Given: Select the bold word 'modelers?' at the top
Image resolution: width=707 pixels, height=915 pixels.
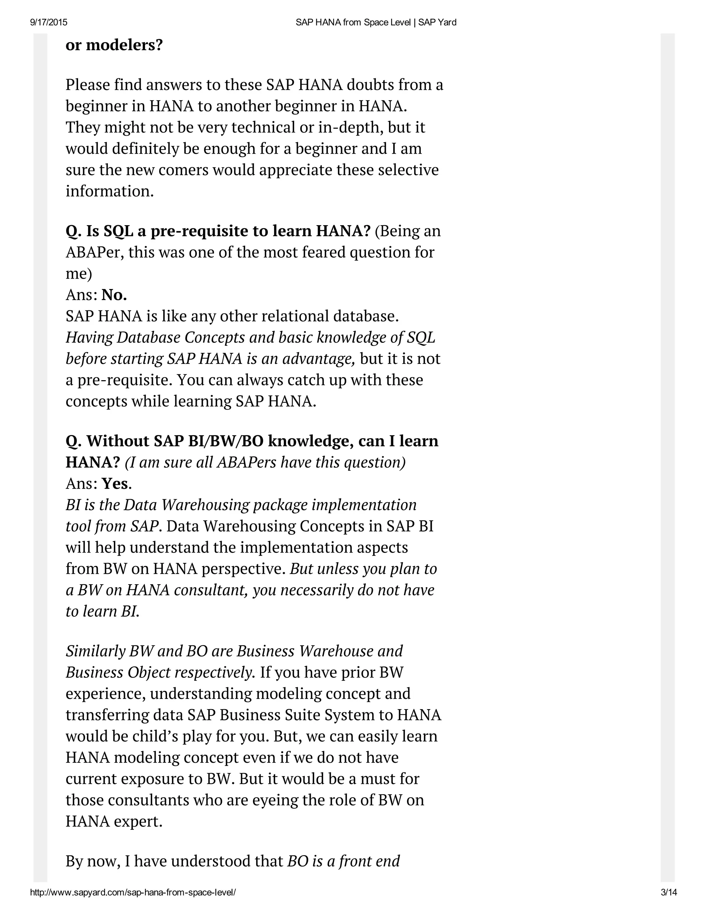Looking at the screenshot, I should click(x=124, y=45).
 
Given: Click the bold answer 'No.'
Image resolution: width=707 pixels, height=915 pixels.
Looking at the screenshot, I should click(x=114, y=295).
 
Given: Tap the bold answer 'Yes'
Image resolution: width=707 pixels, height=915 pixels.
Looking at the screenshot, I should click(x=115, y=483).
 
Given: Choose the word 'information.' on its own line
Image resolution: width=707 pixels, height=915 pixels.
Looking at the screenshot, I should click(x=110, y=191).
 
